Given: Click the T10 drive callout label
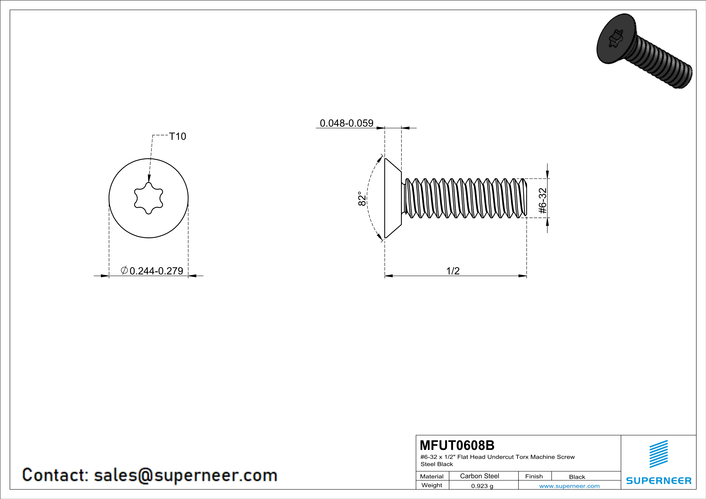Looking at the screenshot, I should (x=178, y=136).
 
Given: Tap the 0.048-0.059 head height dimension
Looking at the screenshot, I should (x=346, y=123).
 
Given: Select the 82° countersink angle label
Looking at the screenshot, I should (x=362, y=199).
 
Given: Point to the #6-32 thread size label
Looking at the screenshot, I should (x=543, y=201).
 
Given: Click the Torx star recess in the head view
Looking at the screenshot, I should (x=149, y=198).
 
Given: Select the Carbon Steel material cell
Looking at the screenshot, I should (x=479, y=476).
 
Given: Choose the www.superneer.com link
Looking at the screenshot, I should (x=569, y=486).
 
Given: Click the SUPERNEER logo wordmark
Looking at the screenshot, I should (x=659, y=480).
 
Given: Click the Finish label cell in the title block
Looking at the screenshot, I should (x=534, y=476).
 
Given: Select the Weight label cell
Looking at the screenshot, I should (x=432, y=485).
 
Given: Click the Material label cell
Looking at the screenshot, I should (x=432, y=476).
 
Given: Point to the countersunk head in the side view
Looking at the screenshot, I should (x=393, y=198).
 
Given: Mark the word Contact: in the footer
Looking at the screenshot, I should (x=55, y=475).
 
